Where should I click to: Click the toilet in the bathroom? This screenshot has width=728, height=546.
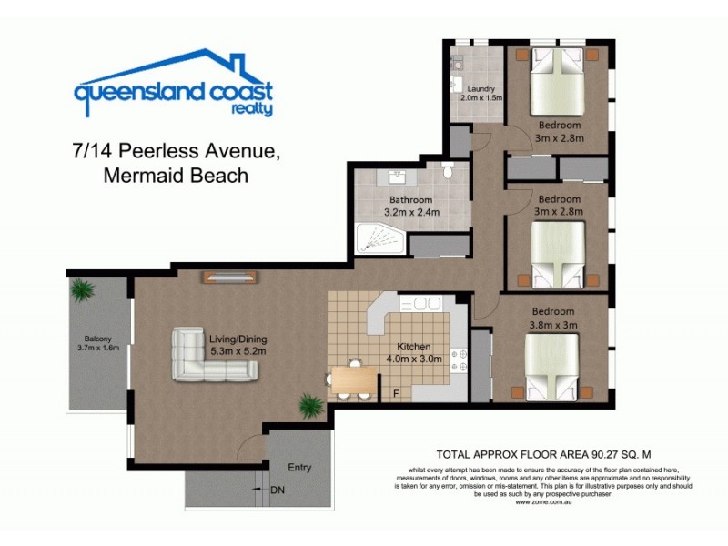446,171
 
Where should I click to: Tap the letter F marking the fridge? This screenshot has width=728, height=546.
394,393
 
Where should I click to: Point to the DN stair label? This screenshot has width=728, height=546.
277,490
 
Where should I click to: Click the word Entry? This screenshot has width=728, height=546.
299,468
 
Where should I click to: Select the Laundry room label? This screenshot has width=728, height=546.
478,88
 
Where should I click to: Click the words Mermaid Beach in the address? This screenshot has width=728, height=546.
176,176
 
